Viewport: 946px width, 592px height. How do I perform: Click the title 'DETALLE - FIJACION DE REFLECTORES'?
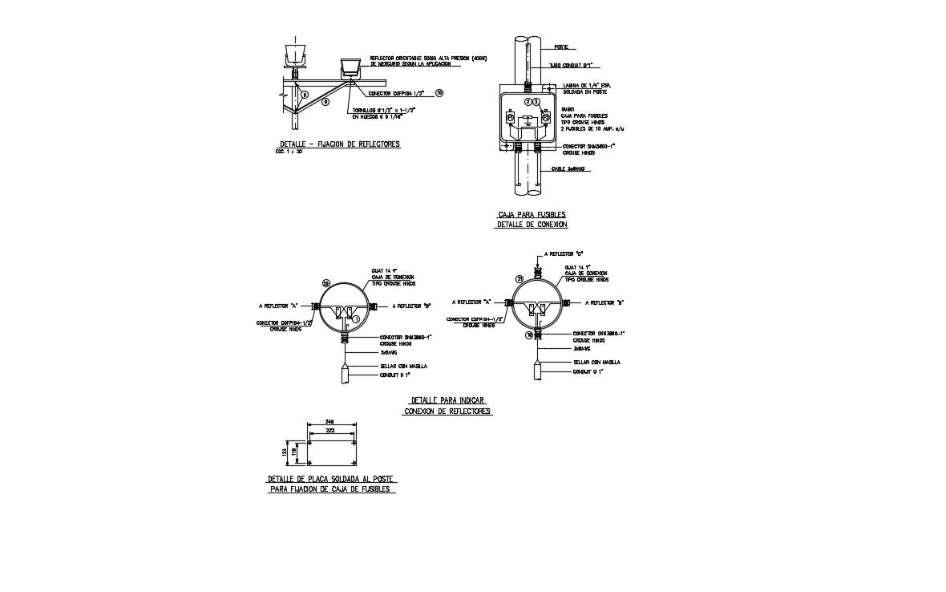click(337, 144)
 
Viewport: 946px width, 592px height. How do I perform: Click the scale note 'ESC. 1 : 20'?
click(289, 152)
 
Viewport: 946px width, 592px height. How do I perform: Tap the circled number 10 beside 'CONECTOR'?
click(439, 93)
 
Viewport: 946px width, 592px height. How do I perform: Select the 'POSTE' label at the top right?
click(561, 47)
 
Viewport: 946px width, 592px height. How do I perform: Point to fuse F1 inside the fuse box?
click(511, 119)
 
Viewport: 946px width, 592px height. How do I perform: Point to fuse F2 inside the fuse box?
click(545, 119)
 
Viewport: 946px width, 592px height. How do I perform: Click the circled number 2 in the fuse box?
click(528, 102)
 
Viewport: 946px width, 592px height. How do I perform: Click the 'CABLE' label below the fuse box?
click(568, 169)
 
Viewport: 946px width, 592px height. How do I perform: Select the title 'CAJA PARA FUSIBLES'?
click(532, 215)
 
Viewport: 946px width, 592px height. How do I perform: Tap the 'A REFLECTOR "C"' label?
click(564, 253)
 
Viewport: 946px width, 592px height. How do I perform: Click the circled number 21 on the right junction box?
click(519, 278)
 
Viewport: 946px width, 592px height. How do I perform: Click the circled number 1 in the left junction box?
click(357, 318)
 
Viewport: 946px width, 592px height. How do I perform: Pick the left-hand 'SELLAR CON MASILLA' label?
click(404, 366)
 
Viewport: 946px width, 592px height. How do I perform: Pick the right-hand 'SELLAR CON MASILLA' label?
click(596, 363)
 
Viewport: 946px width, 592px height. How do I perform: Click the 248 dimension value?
click(329, 421)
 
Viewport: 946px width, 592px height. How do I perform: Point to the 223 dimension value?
click(329, 431)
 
